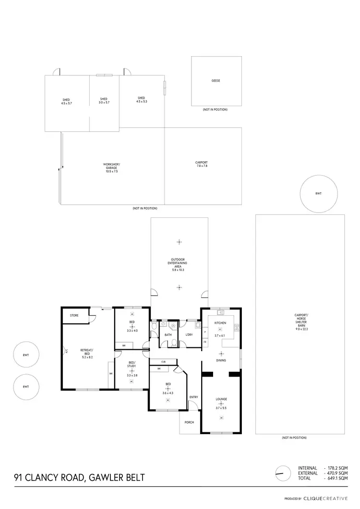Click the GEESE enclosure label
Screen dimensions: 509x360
[x=216, y=81]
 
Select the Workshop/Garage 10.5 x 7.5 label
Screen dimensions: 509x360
[x=110, y=167]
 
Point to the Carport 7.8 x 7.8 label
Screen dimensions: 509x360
[x=202, y=164]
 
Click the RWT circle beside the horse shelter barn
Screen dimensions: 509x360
[x=318, y=194]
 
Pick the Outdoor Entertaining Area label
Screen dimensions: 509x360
[x=179, y=265]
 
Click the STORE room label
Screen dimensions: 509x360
[x=74, y=316]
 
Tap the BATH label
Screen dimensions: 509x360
[x=168, y=334]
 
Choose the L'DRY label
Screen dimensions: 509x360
[x=189, y=334]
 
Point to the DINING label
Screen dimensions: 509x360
[x=221, y=360]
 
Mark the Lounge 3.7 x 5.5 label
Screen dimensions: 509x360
[x=221, y=401]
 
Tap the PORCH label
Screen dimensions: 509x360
[x=189, y=423]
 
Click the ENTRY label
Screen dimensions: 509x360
[x=193, y=397]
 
